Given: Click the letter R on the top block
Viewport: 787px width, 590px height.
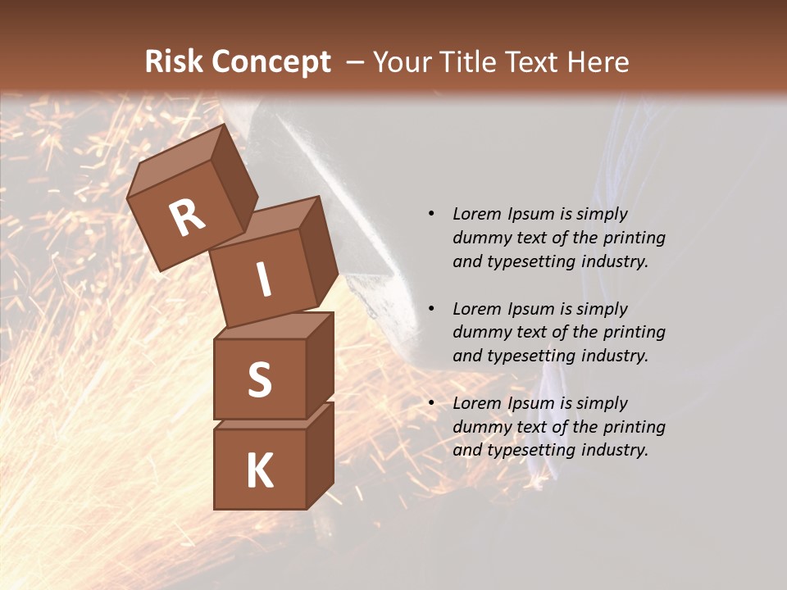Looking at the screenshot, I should pyautogui.click(x=187, y=218).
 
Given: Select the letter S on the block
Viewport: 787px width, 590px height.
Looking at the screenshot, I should pyautogui.click(x=259, y=379).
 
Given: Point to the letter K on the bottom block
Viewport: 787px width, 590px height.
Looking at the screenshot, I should pyautogui.click(x=259, y=471).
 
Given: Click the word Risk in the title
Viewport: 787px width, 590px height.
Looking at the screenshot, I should pyautogui.click(x=174, y=61).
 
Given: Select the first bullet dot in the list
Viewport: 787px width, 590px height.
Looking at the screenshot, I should pyautogui.click(x=431, y=215).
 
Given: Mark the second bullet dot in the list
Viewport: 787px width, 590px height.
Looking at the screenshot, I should pyautogui.click(x=431, y=309).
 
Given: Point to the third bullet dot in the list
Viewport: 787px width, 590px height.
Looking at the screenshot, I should pyautogui.click(x=431, y=403).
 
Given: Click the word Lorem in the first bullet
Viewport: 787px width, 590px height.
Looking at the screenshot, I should pyautogui.click(x=476, y=214).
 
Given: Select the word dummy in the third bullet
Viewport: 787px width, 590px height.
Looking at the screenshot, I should pyautogui.click(x=479, y=427).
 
